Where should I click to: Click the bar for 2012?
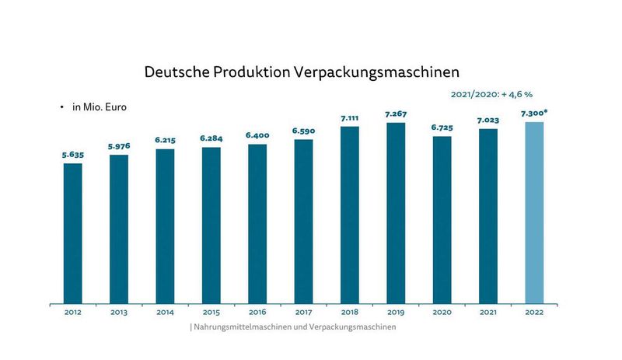pos(73,233)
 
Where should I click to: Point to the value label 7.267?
pos(396,114)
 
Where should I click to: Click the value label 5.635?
pos(73,155)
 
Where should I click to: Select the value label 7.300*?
pos(535,114)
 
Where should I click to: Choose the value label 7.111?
pos(350,118)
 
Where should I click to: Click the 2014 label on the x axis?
pos(165,313)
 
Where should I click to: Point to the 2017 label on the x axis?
pos(303,313)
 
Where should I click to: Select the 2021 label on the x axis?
pos(488,313)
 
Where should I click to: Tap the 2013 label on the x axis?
pos(119,313)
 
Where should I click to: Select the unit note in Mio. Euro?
pos(99,108)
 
